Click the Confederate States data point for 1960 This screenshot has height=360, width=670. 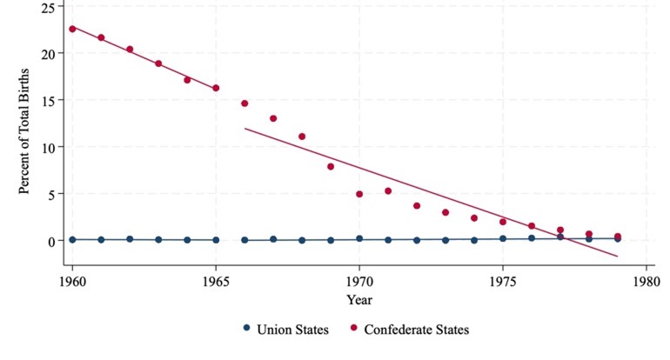click(72, 29)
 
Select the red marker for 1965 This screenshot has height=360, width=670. click(216, 88)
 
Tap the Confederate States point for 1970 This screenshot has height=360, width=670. click(359, 194)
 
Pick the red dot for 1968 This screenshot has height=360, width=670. click(302, 137)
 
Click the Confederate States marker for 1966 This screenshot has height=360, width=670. click(245, 103)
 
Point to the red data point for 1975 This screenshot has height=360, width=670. click(503, 222)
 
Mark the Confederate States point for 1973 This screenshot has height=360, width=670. click(446, 212)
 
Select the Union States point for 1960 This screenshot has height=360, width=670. click(72, 239)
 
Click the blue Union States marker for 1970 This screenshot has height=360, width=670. click(359, 238)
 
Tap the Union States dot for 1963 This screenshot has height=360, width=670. click(158, 239)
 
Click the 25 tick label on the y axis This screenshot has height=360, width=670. click(47, 7)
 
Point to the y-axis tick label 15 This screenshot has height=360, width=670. click(47, 100)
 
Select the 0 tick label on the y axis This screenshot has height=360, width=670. click(50, 241)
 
